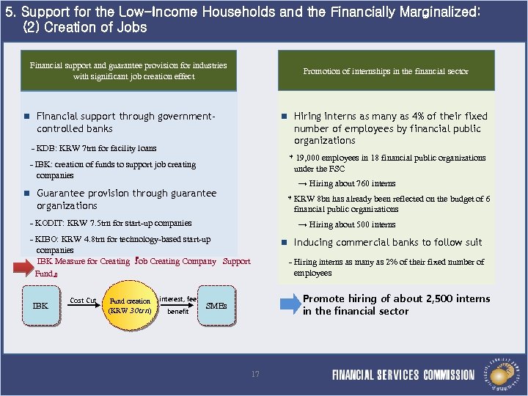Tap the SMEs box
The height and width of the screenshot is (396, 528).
pos(217,306)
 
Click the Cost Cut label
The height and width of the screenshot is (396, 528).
pos(83,301)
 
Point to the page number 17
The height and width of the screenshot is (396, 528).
pos(255,374)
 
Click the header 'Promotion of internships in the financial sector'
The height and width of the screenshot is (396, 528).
pos(386,71)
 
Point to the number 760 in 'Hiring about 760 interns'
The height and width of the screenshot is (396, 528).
pos(360,183)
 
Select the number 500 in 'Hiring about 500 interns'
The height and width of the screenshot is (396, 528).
pos(360,224)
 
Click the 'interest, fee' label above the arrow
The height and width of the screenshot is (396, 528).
pos(178,298)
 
